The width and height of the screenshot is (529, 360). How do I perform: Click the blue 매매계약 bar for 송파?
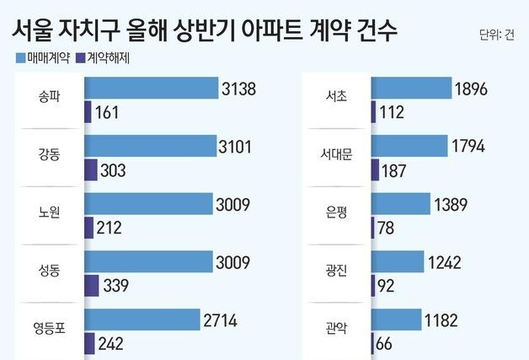[149, 89]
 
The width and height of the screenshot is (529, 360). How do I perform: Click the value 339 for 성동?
[115, 285]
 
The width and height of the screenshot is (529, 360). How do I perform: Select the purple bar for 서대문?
[375, 169]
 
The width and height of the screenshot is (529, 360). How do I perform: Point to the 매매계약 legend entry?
[43, 59]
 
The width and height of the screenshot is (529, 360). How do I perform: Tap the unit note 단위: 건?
[496, 35]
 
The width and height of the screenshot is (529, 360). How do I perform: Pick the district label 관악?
[336, 331]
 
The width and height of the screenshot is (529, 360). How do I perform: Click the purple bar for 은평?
[373, 228]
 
